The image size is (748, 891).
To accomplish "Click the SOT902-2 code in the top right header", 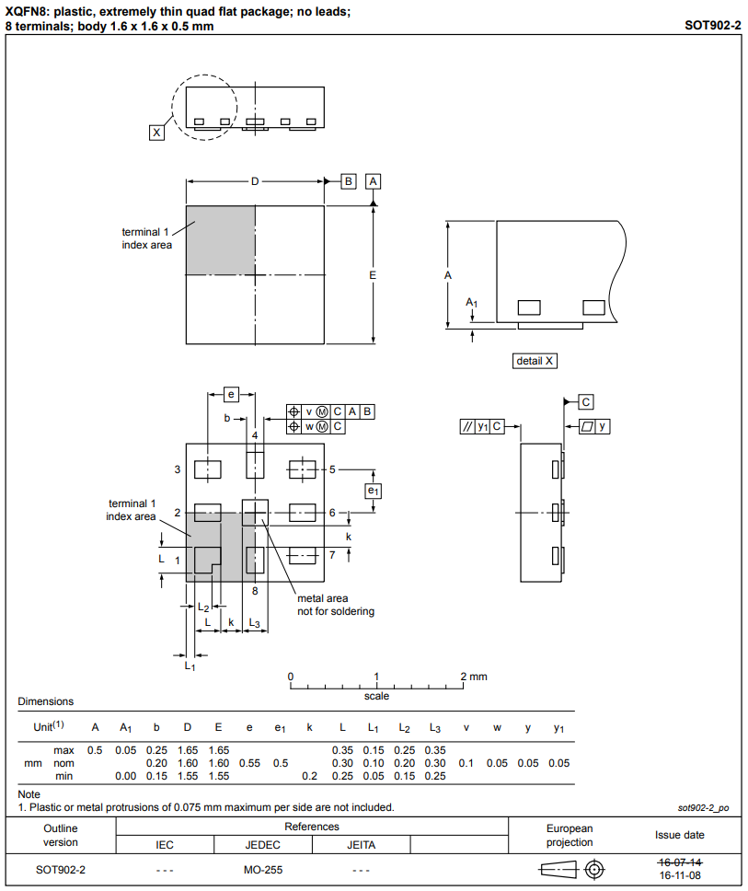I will tap(712, 25).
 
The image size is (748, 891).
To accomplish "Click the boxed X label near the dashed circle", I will tap(156, 133).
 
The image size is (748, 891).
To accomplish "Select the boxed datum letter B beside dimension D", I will tap(349, 181).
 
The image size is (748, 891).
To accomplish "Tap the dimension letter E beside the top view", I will tap(373, 275).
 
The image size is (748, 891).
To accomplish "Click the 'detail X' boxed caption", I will tap(535, 361).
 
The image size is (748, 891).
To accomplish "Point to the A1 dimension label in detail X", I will tap(471, 302).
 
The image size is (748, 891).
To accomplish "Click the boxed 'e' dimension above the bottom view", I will tap(231, 394).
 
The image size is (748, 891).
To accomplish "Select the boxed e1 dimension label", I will tap(373, 491).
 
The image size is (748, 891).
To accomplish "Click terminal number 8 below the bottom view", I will tap(255, 590).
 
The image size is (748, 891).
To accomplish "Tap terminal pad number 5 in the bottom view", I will tap(303, 469).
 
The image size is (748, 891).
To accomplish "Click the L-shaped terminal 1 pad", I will tap(206, 558).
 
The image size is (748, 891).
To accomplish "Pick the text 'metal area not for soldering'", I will tap(335, 605).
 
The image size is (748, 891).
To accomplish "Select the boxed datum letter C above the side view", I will tap(586, 401).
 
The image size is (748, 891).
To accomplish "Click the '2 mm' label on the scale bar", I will tap(474, 677).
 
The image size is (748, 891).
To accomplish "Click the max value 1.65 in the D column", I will tap(187, 750).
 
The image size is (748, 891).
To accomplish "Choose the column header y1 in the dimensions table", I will tap(558, 728).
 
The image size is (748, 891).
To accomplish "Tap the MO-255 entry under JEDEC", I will tap(263, 869).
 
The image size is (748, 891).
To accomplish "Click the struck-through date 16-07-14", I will tap(680, 862).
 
